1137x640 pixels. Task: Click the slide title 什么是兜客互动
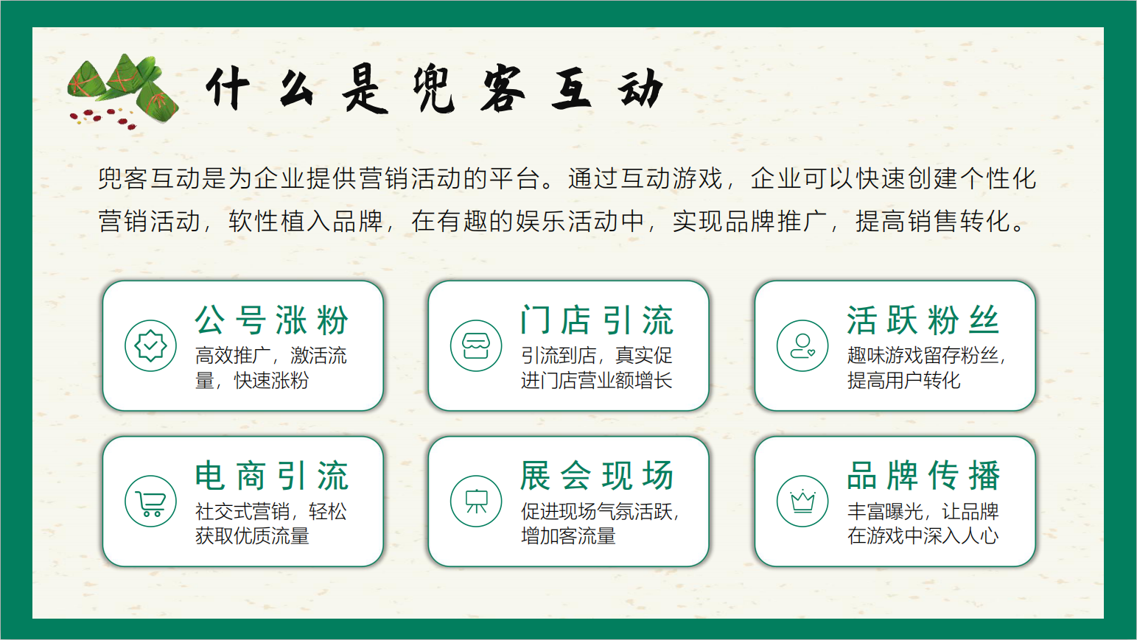point(435,89)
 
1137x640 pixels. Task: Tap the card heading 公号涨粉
point(272,320)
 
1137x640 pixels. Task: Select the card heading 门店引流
point(597,320)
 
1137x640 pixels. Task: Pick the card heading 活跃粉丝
point(923,320)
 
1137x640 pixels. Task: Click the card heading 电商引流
point(272,476)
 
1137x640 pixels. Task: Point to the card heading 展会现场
point(597,476)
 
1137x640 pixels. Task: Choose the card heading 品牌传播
point(923,476)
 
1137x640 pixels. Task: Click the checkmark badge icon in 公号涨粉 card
point(151,346)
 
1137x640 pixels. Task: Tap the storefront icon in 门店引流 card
point(476,346)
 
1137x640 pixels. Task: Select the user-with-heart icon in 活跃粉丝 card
point(802,346)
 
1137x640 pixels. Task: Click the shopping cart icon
point(151,502)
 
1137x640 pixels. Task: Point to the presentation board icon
point(476,502)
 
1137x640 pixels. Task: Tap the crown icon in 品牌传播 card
point(802,502)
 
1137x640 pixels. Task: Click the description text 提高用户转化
point(903,380)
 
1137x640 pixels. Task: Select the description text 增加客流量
point(568,536)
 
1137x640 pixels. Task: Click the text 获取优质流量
point(252,536)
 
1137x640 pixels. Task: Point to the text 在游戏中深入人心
point(923,536)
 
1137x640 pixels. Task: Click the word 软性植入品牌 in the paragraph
point(306,221)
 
